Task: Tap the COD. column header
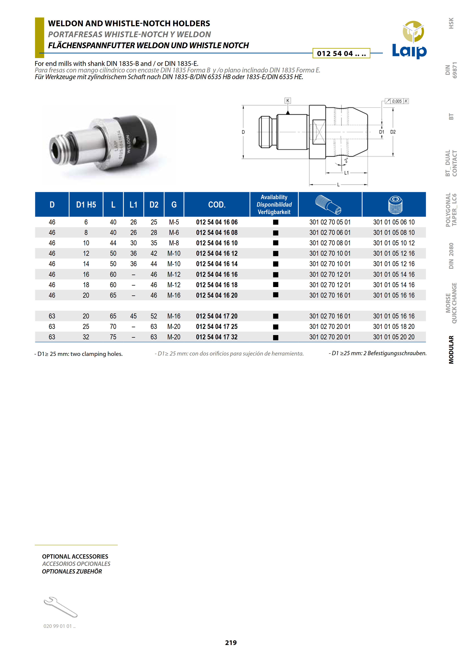217,205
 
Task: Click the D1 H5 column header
86,205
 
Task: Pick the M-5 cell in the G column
174,222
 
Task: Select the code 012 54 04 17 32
217,337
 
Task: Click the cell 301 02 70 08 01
330,243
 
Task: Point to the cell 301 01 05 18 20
394,326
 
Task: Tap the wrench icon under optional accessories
60,607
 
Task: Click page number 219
231,642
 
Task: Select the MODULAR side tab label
451,350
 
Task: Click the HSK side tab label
451,23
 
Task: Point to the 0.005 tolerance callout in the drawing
397,101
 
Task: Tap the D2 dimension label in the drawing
393,132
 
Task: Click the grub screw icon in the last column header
395,205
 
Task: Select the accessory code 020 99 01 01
59,626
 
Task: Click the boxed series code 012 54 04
341,53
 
